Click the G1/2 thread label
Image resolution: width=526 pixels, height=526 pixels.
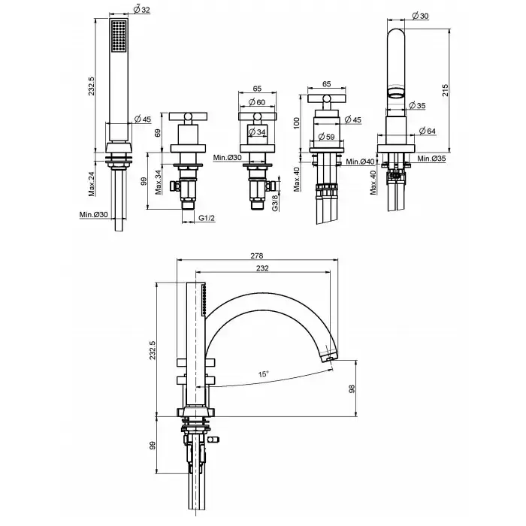208,218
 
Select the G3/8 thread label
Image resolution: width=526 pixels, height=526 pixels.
276,203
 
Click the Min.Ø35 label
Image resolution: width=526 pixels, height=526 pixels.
432,159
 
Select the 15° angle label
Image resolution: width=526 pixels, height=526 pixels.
262,372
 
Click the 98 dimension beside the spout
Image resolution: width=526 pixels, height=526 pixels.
351,388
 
